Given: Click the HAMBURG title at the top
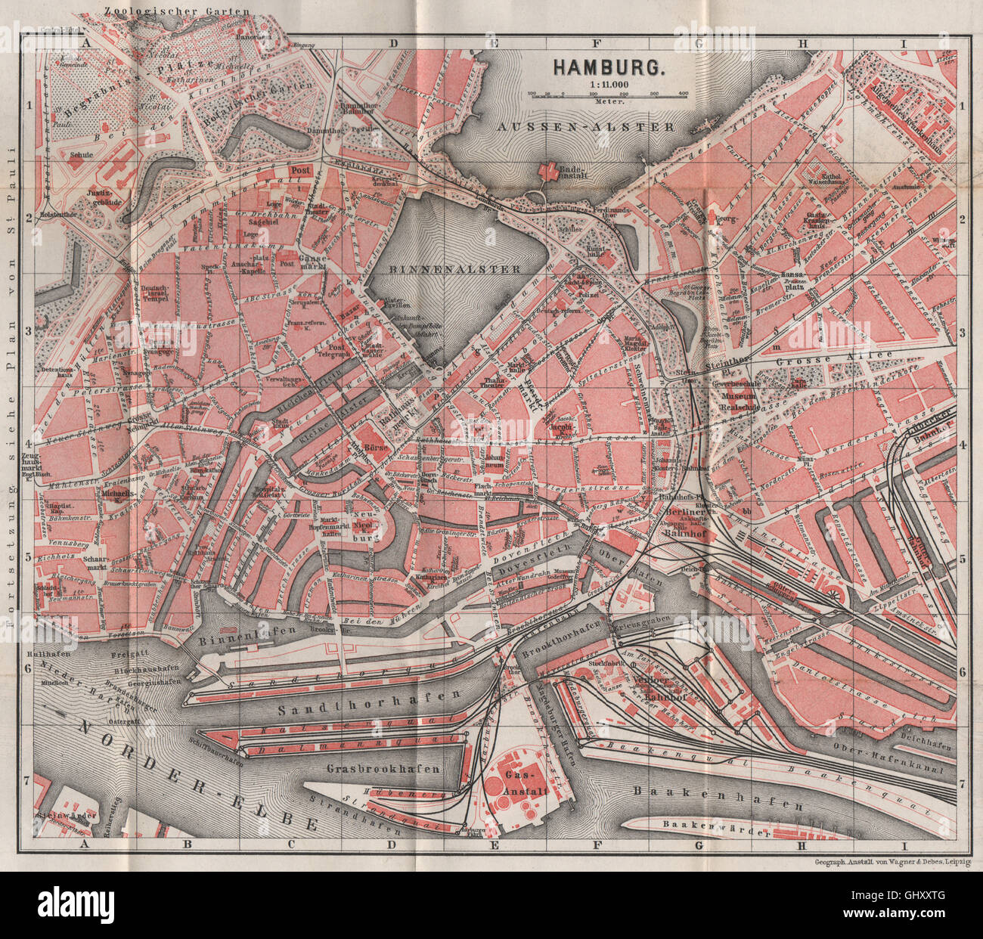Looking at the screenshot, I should (x=609, y=66).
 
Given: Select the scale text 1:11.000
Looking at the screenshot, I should (x=608, y=84).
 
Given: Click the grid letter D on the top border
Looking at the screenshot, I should (x=393, y=43).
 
